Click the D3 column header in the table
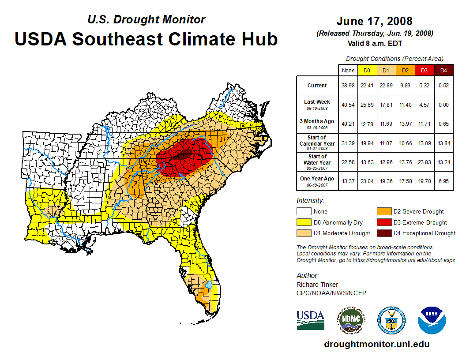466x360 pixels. point(425,71)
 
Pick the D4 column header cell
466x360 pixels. point(443,71)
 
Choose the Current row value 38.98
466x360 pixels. point(348,86)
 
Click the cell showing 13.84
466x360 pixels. point(443,143)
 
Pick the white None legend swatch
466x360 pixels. point(304,211)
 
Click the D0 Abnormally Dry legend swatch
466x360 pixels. point(304,222)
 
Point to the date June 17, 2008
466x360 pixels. point(374,21)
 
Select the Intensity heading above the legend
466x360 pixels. point(310,200)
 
